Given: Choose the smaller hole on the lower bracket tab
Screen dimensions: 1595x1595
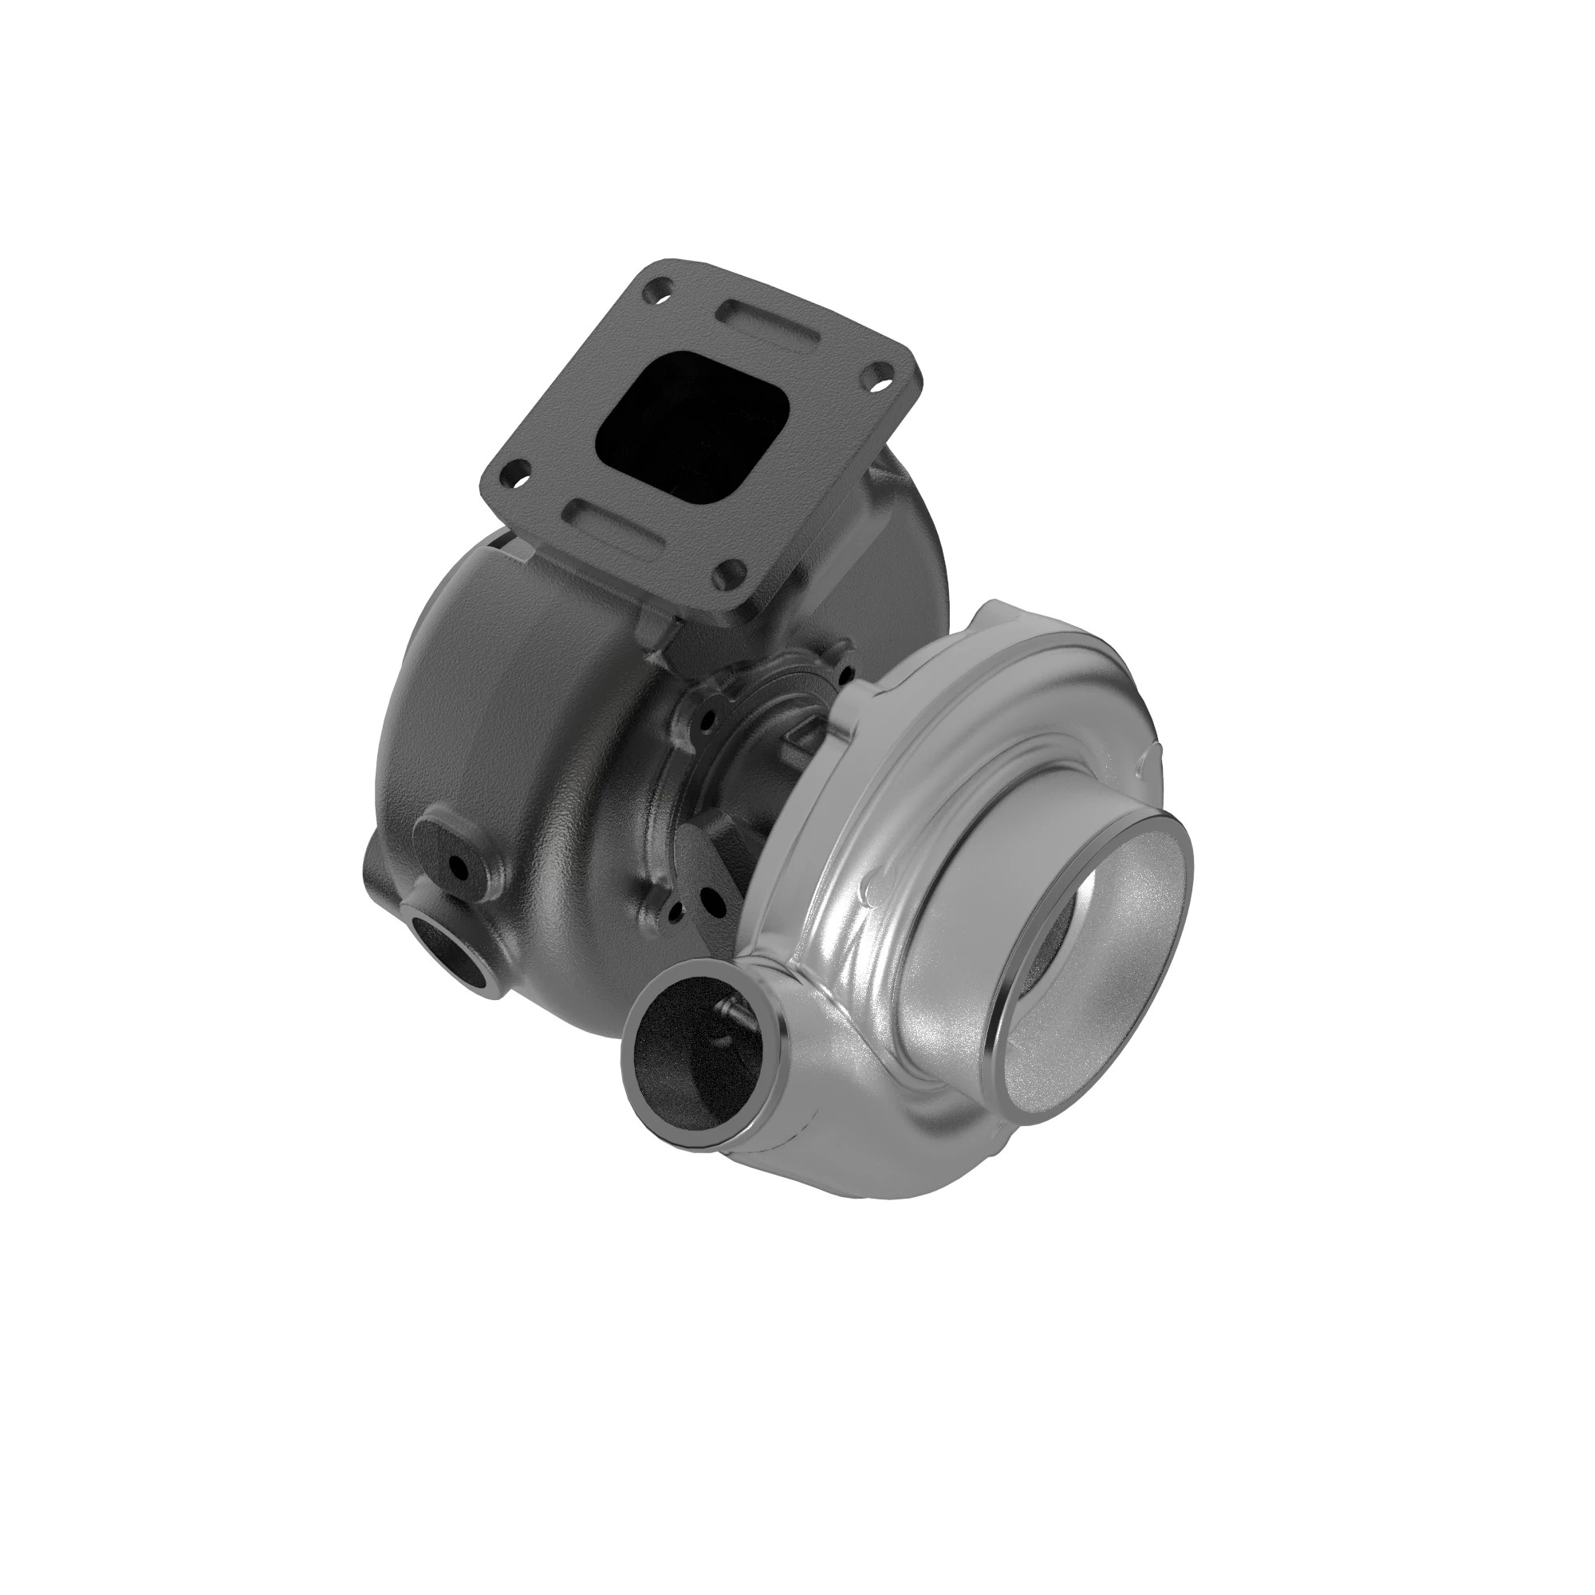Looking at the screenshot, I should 677,912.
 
